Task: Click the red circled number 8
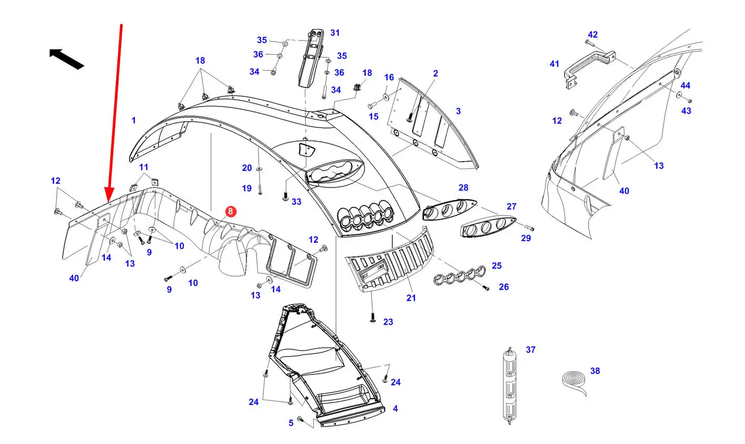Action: pyautogui.click(x=231, y=212)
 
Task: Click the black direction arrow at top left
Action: pyautogui.click(x=66, y=59)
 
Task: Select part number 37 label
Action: pyautogui.click(x=531, y=350)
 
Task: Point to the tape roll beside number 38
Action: pyautogui.click(x=574, y=382)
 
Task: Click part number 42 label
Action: pyautogui.click(x=593, y=35)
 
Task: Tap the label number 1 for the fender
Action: pyautogui.click(x=134, y=120)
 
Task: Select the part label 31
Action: pyautogui.click(x=335, y=33)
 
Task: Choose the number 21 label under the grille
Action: pyautogui.click(x=411, y=298)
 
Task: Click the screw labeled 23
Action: pyautogui.click(x=373, y=318)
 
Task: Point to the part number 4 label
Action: pyautogui.click(x=395, y=408)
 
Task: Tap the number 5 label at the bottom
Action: pyautogui.click(x=291, y=423)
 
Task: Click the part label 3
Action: pyautogui.click(x=458, y=111)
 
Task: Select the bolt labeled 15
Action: pyautogui.click(x=372, y=106)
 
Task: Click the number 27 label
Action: pyautogui.click(x=512, y=206)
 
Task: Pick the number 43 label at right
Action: pyautogui.click(x=686, y=111)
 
